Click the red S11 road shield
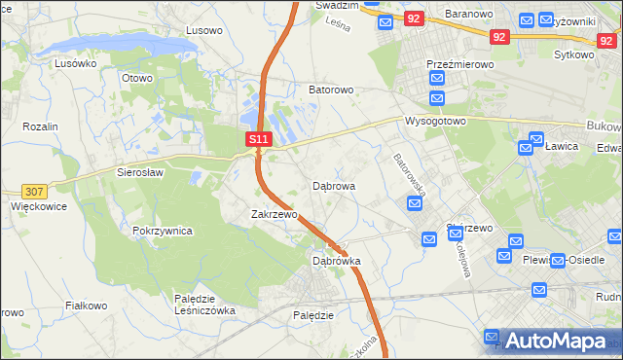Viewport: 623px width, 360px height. coord(257,140)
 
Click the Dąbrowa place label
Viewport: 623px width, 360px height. coord(333,185)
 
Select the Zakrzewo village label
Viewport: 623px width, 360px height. coord(274,214)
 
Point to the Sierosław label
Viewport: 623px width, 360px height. coord(140,171)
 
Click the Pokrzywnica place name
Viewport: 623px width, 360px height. coord(163,232)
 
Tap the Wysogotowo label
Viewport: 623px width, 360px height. coord(435,122)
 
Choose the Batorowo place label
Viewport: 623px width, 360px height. coord(331,90)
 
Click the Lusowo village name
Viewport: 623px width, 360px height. coord(204,30)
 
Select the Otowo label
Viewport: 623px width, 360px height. coord(137,78)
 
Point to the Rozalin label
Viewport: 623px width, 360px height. coord(41,127)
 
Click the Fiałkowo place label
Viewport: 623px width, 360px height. coord(86,305)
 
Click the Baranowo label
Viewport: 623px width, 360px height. coord(470,15)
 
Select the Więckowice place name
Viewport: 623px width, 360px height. coord(38,206)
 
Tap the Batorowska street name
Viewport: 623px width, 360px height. coord(409,173)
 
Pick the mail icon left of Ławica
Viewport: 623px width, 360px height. coord(526,147)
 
